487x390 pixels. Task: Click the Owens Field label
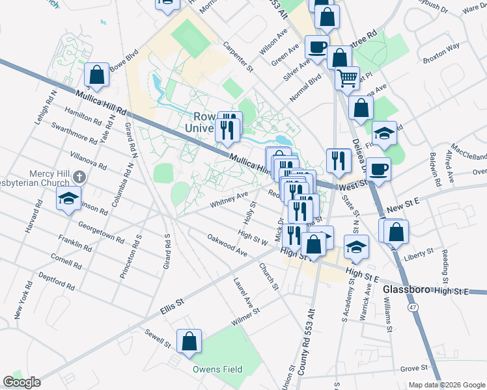pos(217,369)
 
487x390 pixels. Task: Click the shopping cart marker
pos(347,78)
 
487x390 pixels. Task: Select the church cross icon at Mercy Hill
pos(78,176)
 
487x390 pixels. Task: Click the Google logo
pos(21,382)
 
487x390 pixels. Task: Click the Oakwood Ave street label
pos(227,245)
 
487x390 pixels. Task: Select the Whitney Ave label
pos(229,200)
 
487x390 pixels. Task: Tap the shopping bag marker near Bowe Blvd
pos(97,75)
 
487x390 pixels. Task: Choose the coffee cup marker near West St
pos(378,170)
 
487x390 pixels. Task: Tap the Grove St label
pos(414,368)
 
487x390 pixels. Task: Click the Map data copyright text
pos(447,385)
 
